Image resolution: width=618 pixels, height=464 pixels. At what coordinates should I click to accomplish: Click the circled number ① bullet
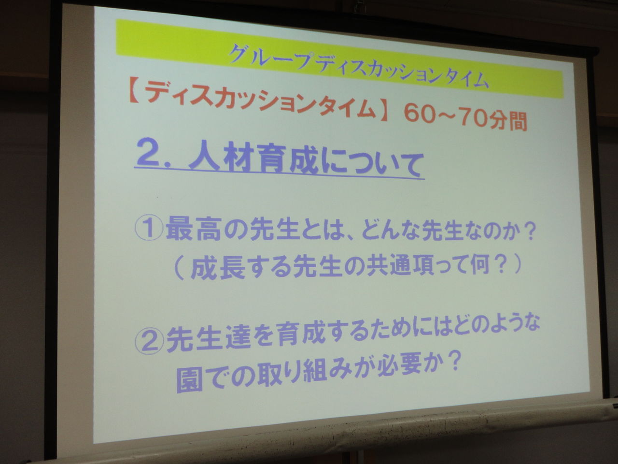(x=149, y=229)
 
